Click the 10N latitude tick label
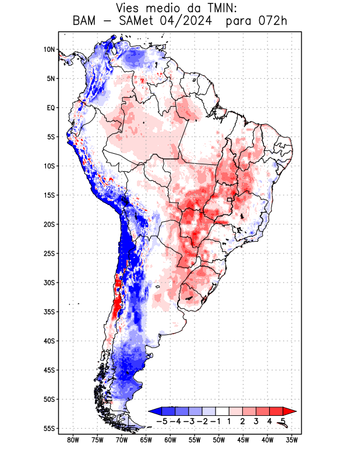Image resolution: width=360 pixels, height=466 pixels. (48, 50)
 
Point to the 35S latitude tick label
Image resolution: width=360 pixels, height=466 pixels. (48, 312)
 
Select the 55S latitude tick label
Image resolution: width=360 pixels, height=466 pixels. (48, 428)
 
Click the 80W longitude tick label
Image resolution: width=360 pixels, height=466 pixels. (73, 441)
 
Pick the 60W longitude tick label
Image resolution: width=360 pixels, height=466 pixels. (170, 441)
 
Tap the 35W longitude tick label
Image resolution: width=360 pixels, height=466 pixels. (292, 441)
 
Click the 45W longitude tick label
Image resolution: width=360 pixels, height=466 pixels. (243, 441)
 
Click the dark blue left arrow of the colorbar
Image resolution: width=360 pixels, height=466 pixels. (155, 411)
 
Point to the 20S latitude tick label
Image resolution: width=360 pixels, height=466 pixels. (48, 224)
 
